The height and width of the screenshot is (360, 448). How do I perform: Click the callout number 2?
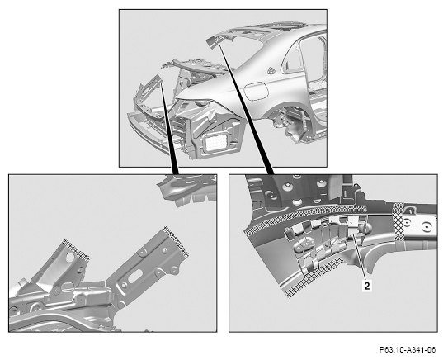(367, 286)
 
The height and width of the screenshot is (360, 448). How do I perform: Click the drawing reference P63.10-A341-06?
(408, 349)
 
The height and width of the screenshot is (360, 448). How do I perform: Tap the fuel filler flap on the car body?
(256, 91)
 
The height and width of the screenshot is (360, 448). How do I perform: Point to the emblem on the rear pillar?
(271, 71)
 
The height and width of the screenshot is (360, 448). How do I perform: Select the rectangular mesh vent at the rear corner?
(216, 143)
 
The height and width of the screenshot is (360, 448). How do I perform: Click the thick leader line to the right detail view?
(247, 109)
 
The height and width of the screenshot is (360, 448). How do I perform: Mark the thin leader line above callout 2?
(360, 258)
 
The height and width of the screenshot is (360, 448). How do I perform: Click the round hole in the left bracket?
(70, 258)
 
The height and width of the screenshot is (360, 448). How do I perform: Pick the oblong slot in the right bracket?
(135, 277)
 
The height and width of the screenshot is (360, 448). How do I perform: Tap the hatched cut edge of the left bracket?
(76, 249)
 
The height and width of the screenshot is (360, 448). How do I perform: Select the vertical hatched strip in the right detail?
(398, 221)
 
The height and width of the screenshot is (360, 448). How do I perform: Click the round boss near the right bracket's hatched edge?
(164, 250)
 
